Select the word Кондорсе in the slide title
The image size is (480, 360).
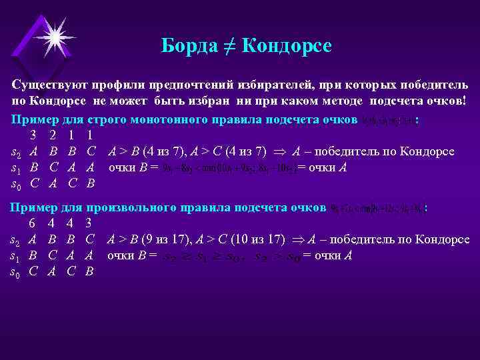pos(287,46)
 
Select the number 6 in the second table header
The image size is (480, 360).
pos(32,224)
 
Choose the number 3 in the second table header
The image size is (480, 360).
pos(90,224)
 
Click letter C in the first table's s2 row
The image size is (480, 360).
pos(91,151)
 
